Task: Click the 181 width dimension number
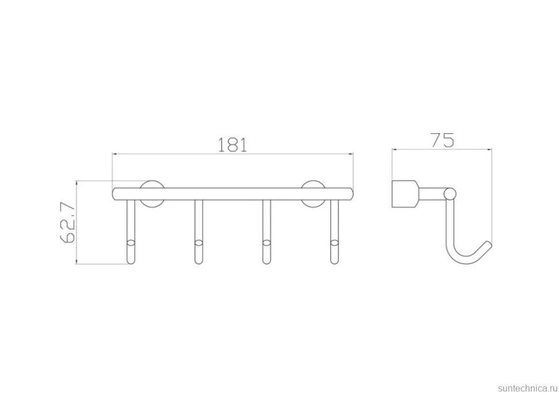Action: coord(232,145)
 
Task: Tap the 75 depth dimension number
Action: coord(443,140)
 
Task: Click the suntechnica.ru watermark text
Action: coord(527,388)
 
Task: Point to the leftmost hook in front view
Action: coord(131,232)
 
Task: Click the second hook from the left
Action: coord(199,232)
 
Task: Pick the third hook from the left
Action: coord(266,232)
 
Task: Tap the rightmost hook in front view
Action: coord(334,232)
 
